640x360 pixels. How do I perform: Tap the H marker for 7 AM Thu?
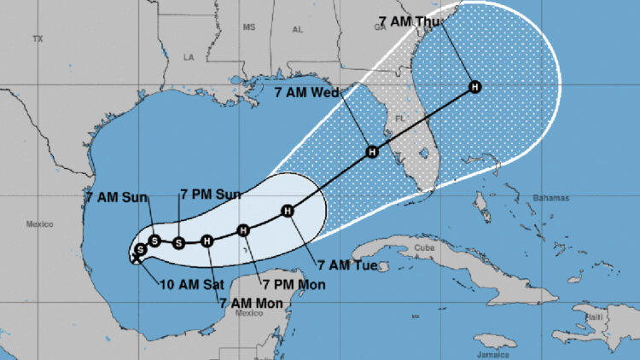click(x=474, y=86)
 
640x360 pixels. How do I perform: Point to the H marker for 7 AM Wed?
click(x=372, y=152)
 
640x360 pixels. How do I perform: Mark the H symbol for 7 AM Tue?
click(x=288, y=211)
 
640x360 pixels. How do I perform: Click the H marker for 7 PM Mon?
click(x=243, y=229)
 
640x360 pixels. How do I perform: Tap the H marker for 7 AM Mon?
click(x=207, y=241)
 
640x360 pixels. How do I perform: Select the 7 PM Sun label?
click(x=210, y=195)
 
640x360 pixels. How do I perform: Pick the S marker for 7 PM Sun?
click(x=178, y=242)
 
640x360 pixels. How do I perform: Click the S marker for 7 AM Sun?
click(x=154, y=240)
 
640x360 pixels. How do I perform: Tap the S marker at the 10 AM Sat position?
click(x=139, y=250)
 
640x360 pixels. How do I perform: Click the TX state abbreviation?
click(x=37, y=39)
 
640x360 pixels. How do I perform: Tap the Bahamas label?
click(x=549, y=198)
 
